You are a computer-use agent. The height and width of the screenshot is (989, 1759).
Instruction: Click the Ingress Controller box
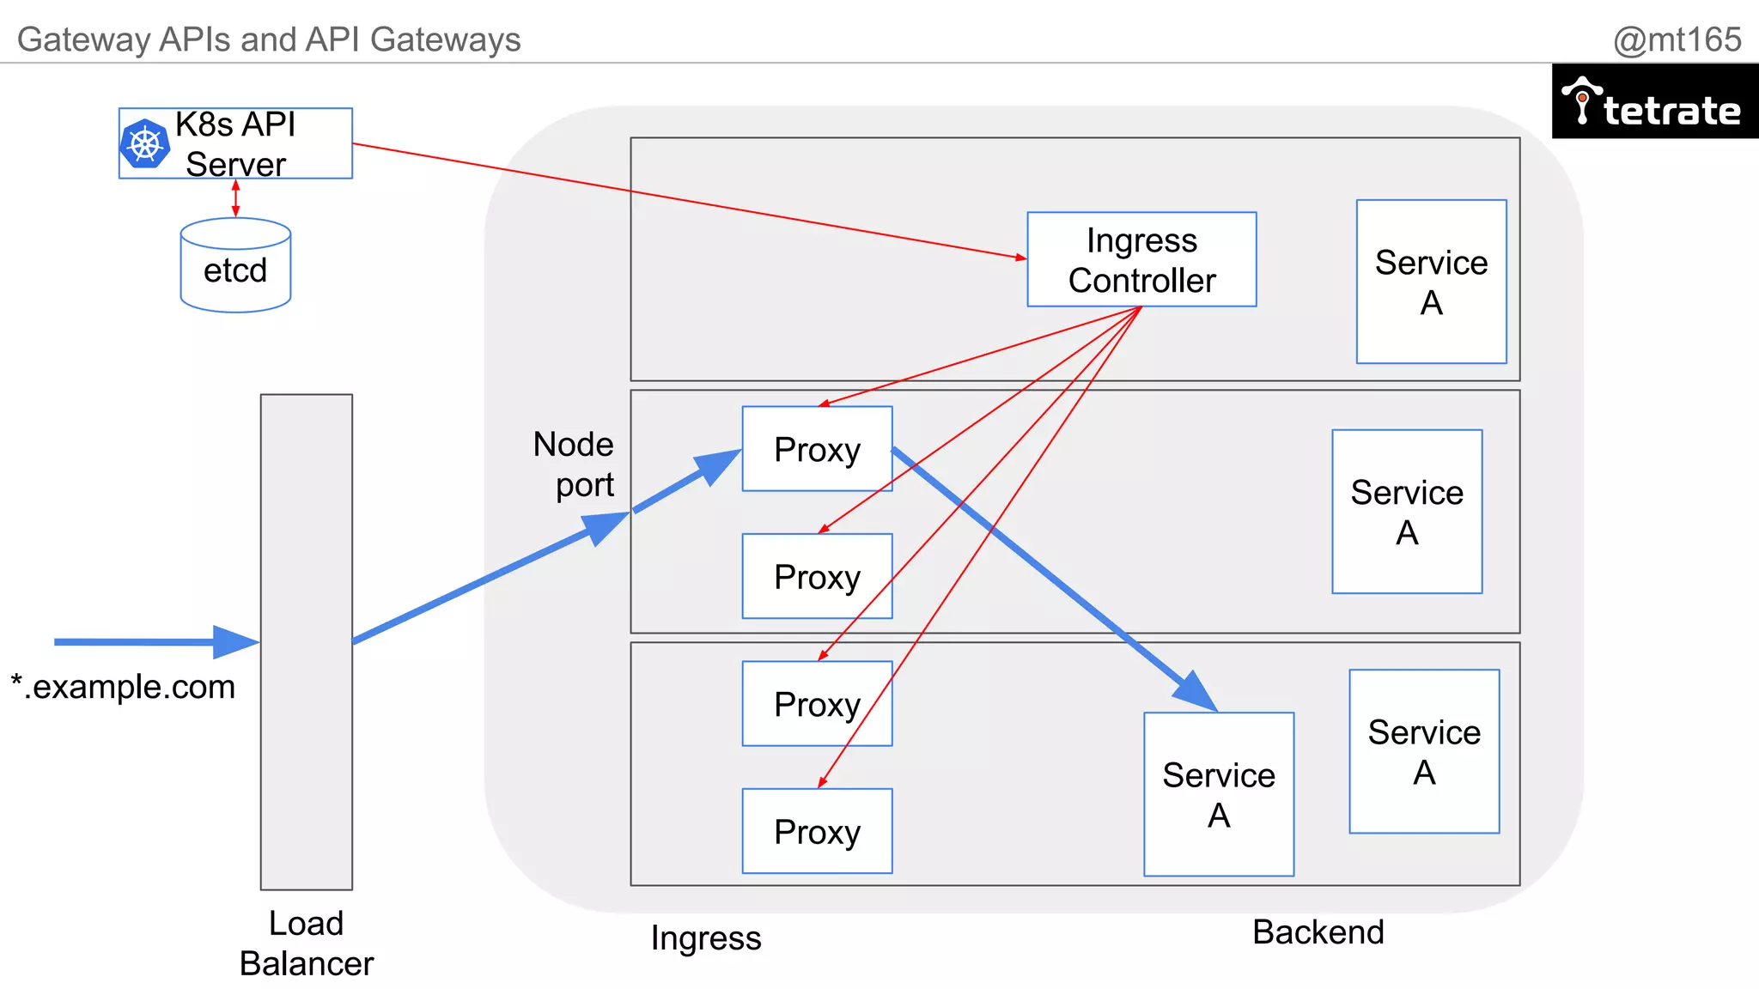[x=1141, y=259]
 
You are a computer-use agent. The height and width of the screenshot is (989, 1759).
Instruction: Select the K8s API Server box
[x=235, y=143]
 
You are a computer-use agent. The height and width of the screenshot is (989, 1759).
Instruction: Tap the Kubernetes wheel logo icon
[x=145, y=143]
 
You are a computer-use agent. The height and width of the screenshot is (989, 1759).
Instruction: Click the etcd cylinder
[x=235, y=266]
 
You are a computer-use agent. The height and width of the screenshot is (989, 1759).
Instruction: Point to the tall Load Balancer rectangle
[x=307, y=641]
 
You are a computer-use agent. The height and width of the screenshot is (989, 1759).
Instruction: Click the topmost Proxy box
[x=817, y=449]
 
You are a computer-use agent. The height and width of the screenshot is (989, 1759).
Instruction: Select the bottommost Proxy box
[x=817, y=831]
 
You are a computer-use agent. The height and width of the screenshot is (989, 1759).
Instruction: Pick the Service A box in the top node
[x=1431, y=282]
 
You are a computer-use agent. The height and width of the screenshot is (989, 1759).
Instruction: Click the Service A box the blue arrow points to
[x=1218, y=794]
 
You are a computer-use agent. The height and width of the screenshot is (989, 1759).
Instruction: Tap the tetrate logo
[x=1654, y=102]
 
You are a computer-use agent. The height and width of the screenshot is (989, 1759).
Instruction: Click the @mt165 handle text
[x=1677, y=39]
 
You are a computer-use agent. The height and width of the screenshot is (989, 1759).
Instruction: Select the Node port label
[x=574, y=464]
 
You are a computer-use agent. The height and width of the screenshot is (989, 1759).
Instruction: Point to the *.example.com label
[x=123, y=687]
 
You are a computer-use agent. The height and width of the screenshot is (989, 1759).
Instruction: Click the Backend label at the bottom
[x=1318, y=932]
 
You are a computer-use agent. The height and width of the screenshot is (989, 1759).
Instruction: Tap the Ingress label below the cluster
[x=705, y=937]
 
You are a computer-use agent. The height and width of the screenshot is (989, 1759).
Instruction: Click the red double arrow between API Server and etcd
[x=235, y=198]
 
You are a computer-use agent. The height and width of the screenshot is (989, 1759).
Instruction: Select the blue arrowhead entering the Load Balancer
[x=235, y=641]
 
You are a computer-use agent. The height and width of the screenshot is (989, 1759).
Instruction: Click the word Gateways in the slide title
[x=445, y=39]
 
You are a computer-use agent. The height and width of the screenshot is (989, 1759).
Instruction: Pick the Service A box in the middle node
[x=1406, y=512]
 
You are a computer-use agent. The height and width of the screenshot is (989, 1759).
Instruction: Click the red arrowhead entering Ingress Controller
[x=1020, y=257]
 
